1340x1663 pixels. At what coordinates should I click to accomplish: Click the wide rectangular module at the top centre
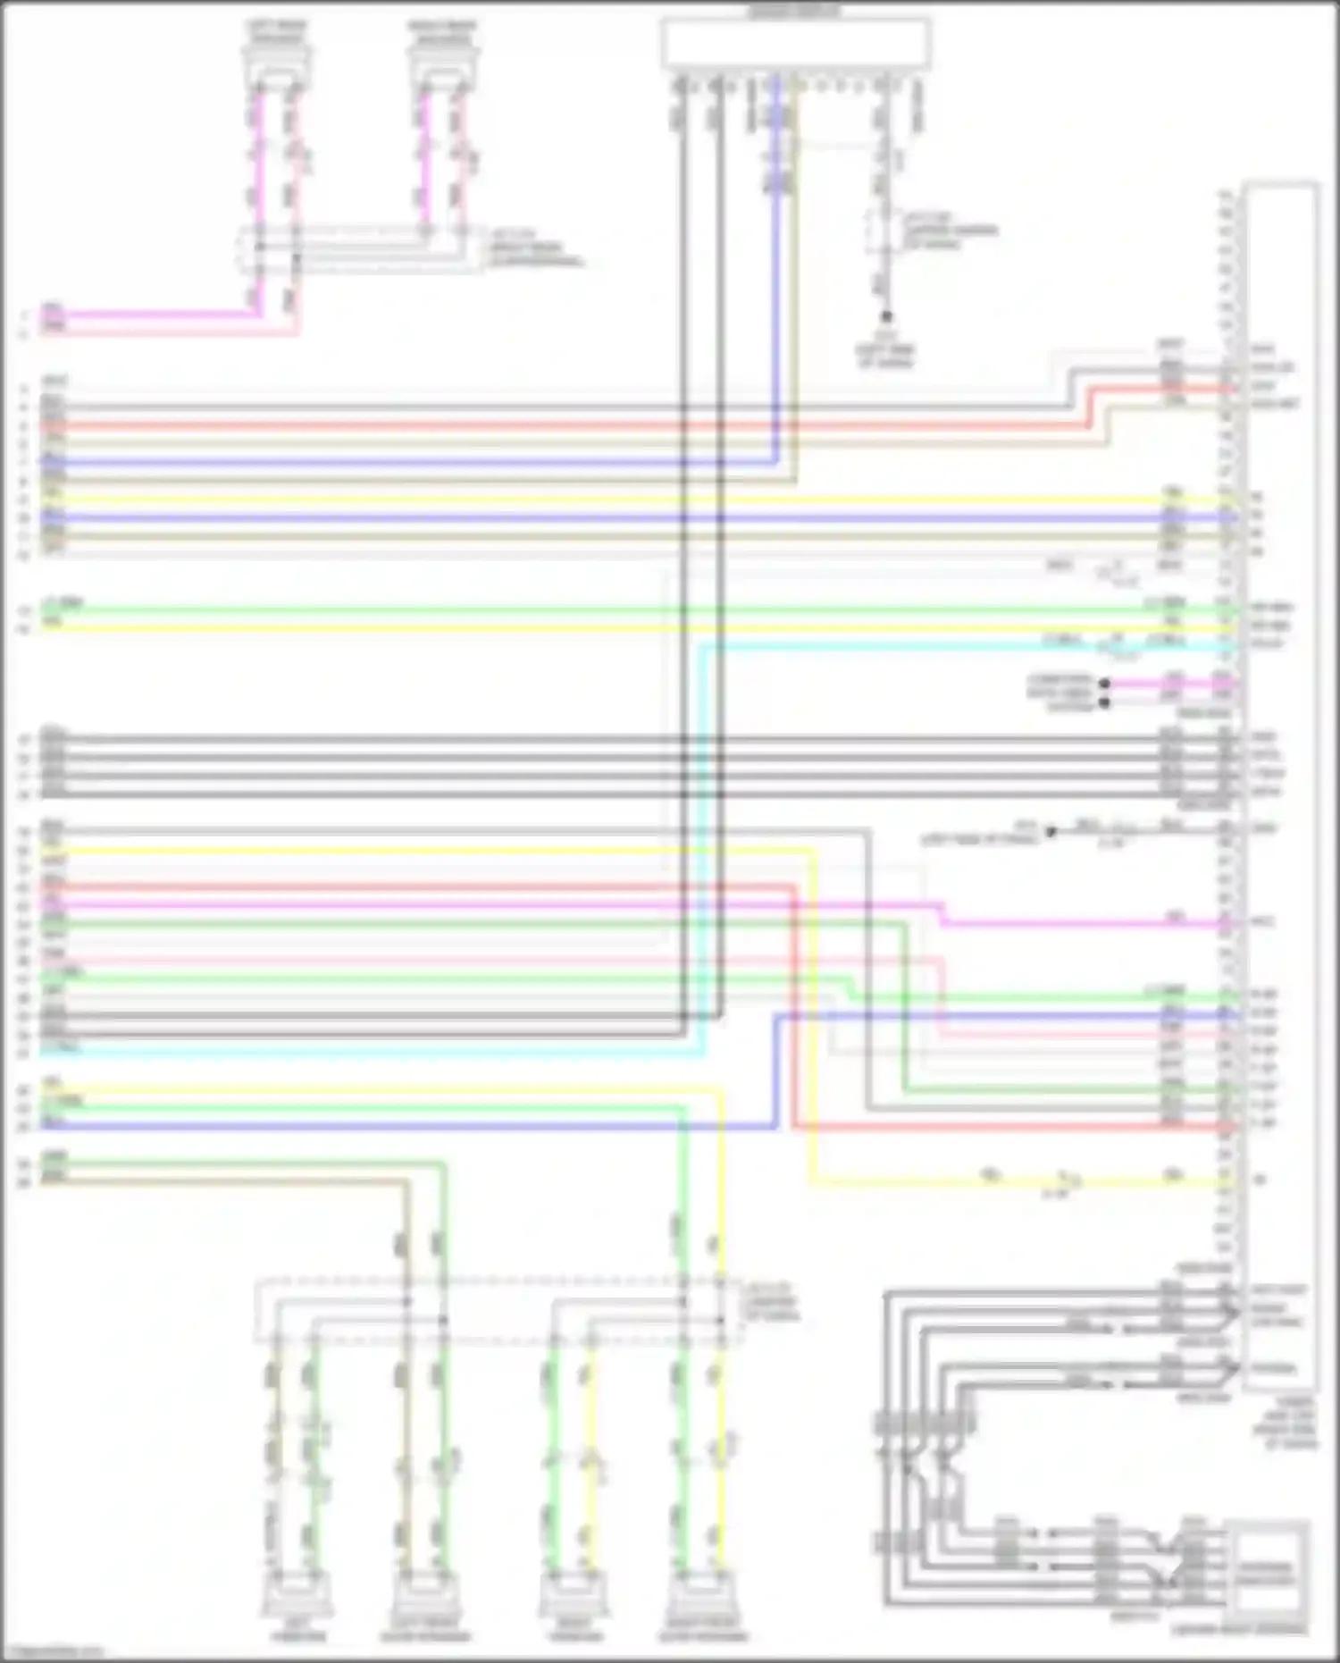pyautogui.click(x=795, y=44)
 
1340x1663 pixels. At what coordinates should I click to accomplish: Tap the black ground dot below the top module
pyautogui.click(x=886, y=316)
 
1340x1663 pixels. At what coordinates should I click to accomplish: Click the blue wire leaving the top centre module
pyautogui.click(x=775, y=268)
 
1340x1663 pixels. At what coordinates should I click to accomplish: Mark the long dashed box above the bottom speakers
pyautogui.click(x=498, y=1311)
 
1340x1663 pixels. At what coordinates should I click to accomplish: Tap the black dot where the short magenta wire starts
pyautogui.click(x=1105, y=684)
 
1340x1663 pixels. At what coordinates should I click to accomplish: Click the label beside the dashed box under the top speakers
pyautogui.click(x=536, y=249)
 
